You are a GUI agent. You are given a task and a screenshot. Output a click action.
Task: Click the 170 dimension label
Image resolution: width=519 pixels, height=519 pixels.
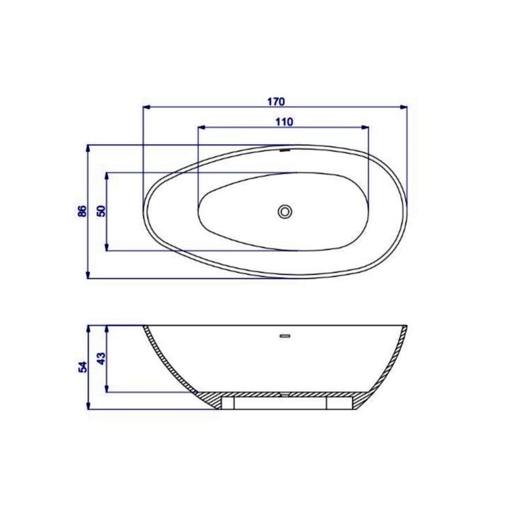point(276,101)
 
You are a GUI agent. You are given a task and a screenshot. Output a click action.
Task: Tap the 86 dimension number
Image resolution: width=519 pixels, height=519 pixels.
point(82,211)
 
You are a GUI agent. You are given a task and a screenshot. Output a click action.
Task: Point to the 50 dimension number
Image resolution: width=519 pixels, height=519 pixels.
point(101,210)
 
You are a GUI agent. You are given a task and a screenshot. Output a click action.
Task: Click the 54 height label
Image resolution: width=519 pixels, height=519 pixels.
point(82,367)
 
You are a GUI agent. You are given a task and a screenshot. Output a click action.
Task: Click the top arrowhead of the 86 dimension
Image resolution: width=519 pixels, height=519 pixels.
point(88,148)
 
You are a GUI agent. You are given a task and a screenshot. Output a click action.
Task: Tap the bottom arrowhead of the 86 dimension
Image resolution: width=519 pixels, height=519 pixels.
point(88,275)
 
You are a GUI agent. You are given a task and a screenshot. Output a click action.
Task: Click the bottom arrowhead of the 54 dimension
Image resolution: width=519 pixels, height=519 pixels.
point(88,406)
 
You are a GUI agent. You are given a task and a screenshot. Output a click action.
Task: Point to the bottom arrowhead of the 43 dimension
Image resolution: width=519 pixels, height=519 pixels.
point(107,389)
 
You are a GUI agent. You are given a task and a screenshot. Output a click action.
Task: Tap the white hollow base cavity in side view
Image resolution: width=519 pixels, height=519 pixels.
point(280,403)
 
